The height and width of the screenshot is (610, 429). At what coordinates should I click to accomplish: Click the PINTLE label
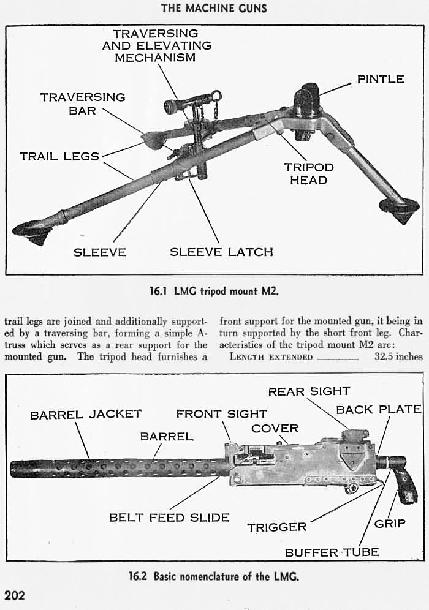(381, 79)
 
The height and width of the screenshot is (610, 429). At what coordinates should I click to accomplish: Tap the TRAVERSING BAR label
(83, 104)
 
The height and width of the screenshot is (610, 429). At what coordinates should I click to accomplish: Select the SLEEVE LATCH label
(221, 252)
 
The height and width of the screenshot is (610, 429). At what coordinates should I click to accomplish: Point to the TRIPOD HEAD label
(309, 173)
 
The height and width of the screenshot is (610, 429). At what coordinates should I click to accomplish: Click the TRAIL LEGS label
(59, 156)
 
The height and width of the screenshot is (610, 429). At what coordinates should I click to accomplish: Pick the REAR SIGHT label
(309, 391)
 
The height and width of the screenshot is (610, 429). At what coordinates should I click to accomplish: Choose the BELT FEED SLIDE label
(169, 518)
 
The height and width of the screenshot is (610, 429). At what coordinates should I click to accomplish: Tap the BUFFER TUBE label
(332, 552)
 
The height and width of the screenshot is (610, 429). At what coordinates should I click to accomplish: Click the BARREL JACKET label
(86, 414)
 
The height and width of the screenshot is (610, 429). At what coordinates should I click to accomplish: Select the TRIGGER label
(277, 527)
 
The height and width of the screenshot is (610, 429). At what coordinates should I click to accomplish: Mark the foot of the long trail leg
(32, 233)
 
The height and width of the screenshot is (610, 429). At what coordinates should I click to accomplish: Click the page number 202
(15, 595)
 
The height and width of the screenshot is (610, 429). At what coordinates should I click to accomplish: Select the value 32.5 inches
(398, 356)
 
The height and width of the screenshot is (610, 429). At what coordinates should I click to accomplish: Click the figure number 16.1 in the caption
(158, 291)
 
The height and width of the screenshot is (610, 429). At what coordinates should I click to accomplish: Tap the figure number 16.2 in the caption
(137, 576)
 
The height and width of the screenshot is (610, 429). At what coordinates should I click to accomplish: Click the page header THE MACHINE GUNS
(214, 8)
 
